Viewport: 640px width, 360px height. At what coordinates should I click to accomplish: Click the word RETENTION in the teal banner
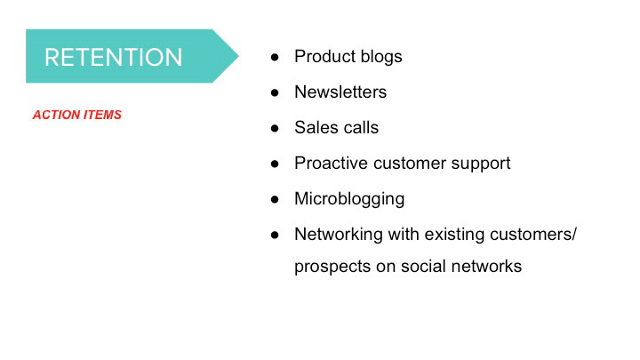(113, 57)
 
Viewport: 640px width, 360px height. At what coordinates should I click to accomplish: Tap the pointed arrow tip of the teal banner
(238, 56)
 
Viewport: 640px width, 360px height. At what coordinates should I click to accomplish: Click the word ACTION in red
(56, 115)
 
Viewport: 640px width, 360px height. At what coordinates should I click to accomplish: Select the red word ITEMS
(102, 115)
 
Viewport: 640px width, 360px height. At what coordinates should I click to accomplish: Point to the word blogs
(381, 57)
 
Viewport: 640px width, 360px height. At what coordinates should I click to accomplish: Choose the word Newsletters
(340, 92)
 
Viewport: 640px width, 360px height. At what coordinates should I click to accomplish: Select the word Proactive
(332, 163)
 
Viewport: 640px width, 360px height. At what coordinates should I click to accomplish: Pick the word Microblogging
(349, 199)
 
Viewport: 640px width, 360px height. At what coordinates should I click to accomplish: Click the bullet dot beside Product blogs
(275, 57)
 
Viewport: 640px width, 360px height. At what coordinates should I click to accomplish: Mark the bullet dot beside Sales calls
(275, 128)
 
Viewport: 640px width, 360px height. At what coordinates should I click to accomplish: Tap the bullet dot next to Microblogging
(275, 199)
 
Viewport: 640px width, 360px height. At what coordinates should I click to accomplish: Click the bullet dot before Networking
(275, 235)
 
